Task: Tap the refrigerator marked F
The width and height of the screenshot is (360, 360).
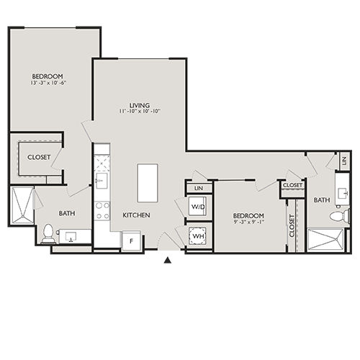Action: pyautogui.click(x=130, y=240)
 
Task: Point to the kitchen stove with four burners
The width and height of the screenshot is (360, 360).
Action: pyautogui.click(x=102, y=209)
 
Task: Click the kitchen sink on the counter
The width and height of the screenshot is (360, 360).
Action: pyautogui.click(x=102, y=179)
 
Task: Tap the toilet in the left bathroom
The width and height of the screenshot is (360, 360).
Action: pyautogui.click(x=48, y=232)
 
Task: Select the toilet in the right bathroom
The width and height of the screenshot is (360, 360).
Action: pyautogui.click(x=337, y=215)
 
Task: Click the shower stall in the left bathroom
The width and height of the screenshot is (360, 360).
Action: pyautogui.click(x=22, y=204)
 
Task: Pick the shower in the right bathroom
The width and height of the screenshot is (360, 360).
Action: pyautogui.click(x=328, y=240)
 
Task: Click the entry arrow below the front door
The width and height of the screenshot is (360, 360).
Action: pyautogui.click(x=168, y=261)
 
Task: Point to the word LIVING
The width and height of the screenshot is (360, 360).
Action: pyautogui.click(x=138, y=104)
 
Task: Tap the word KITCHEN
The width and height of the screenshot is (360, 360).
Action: pyautogui.click(x=135, y=215)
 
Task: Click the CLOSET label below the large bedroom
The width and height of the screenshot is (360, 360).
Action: pyautogui.click(x=39, y=157)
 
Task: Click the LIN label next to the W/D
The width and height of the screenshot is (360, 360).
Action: pyautogui.click(x=198, y=189)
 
